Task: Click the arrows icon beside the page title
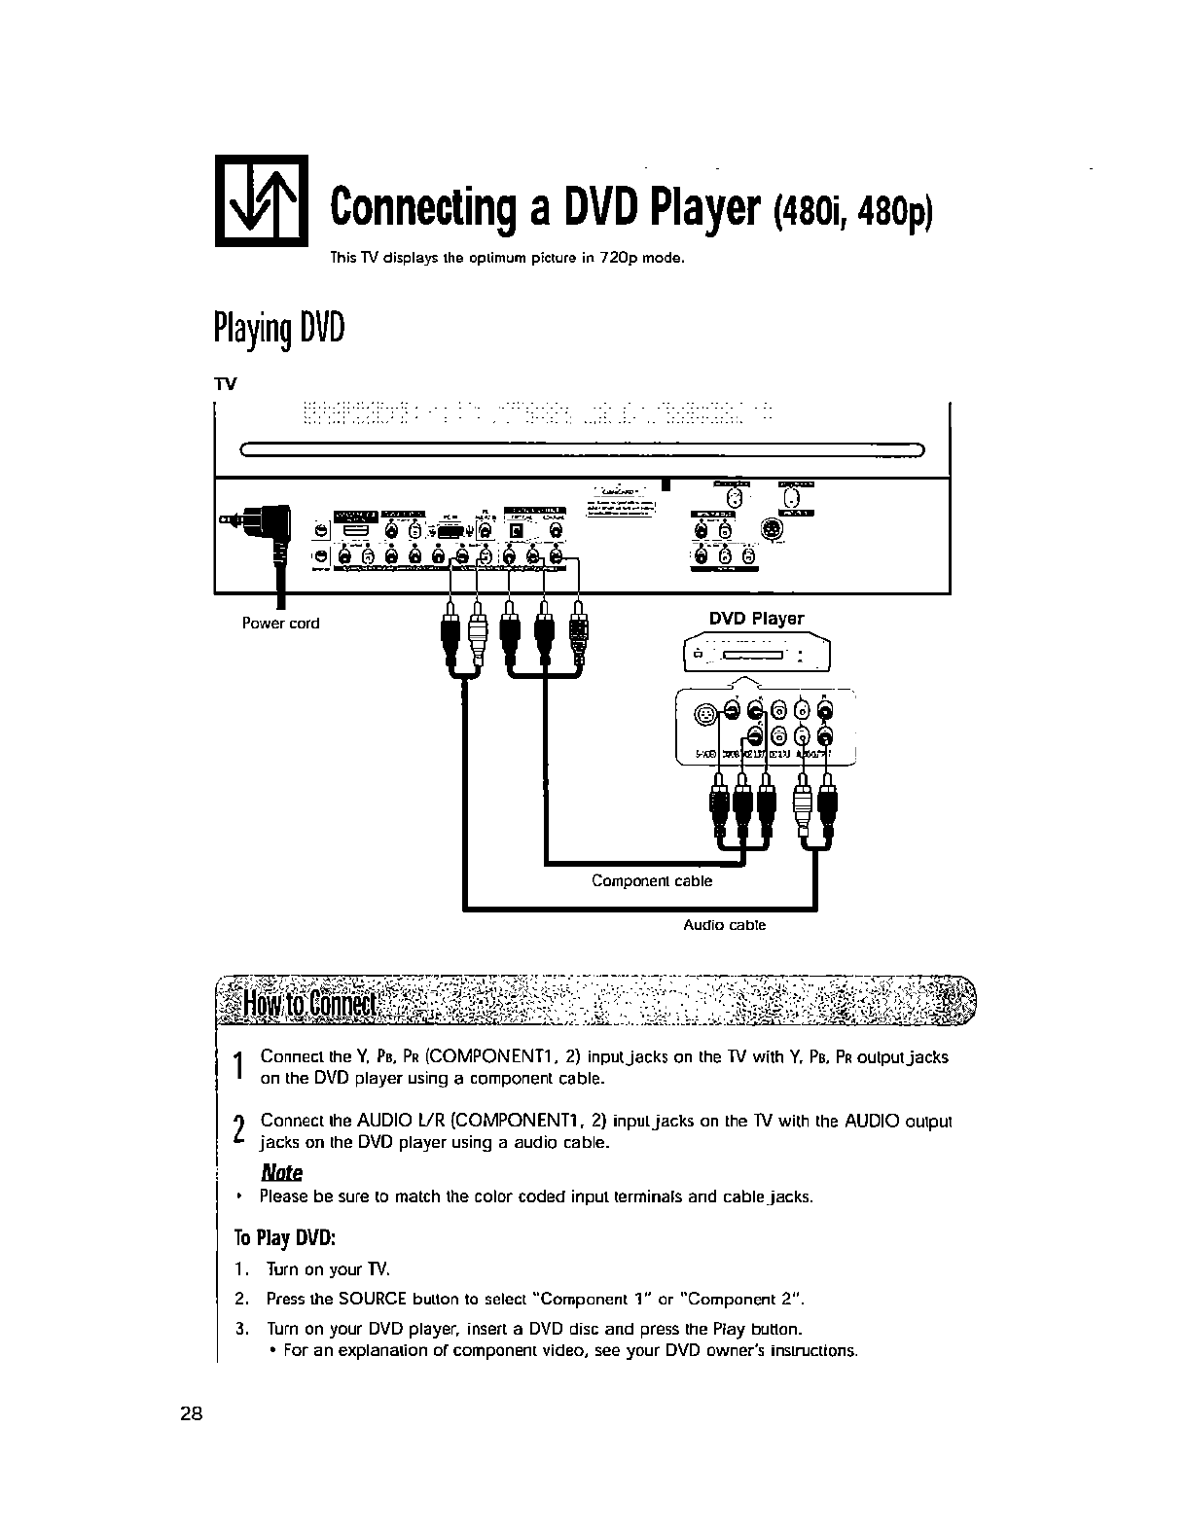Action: pyautogui.click(x=261, y=200)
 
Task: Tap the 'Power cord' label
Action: pyautogui.click(x=280, y=624)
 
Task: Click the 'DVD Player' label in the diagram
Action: pyautogui.click(x=756, y=619)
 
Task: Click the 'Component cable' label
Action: pyautogui.click(x=652, y=881)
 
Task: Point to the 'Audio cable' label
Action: pyautogui.click(x=724, y=925)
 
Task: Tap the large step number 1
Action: pyautogui.click(x=238, y=1067)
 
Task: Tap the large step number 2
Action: pyautogui.click(x=238, y=1130)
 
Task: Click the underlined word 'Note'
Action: pyautogui.click(x=282, y=1172)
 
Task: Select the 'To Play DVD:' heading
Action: pyautogui.click(x=284, y=1238)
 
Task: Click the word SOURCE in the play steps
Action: pyautogui.click(x=350, y=1300)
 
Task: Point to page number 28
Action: pyautogui.click(x=191, y=1415)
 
